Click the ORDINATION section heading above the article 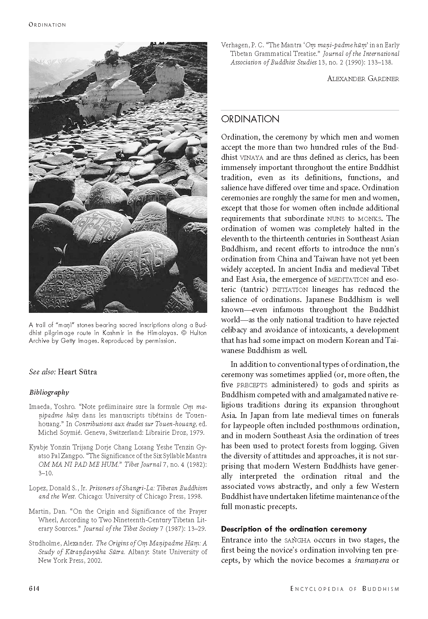tap(250, 119)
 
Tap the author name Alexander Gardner tap(363, 78)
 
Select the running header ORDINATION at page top tap(47, 25)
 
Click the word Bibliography tap(49, 392)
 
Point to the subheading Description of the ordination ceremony tap(293, 529)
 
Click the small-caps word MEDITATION tap(349, 279)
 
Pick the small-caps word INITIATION tap(290, 290)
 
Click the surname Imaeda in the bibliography tap(40, 407)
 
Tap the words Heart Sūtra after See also tap(78, 372)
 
